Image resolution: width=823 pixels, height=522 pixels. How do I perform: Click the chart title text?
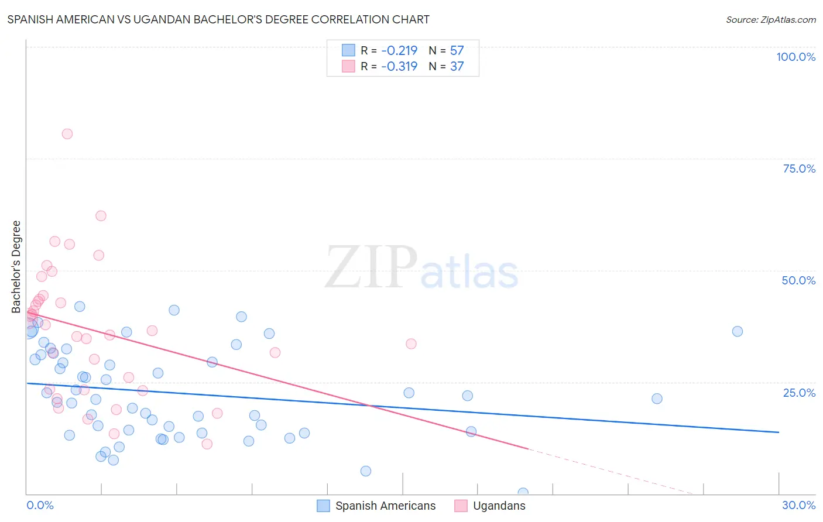pyautogui.click(x=218, y=19)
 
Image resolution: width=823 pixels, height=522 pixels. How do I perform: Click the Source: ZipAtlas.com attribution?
pyautogui.click(x=770, y=19)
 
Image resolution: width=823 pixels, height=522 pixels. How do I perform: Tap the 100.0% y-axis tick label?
pyautogui.click(x=795, y=57)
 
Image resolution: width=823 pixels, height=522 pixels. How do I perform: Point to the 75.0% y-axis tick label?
pyautogui.click(x=799, y=169)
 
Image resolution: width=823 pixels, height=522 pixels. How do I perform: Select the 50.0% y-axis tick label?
pyautogui.click(x=798, y=280)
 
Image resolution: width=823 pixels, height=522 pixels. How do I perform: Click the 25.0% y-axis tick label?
pyautogui.click(x=799, y=393)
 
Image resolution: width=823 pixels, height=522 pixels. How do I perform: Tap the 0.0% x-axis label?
pyautogui.click(x=40, y=505)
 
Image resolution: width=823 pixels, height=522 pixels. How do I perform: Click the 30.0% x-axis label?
pyautogui.click(x=798, y=505)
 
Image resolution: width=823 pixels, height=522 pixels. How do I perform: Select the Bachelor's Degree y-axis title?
pyautogui.click(x=16, y=267)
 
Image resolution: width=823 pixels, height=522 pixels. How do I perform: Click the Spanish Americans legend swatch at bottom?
pyautogui.click(x=323, y=506)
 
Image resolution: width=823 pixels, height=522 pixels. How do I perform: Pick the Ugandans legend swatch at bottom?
pyautogui.click(x=461, y=506)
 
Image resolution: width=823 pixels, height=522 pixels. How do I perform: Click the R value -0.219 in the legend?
pyautogui.click(x=399, y=50)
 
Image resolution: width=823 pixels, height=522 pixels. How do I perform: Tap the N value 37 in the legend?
pyautogui.click(x=457, y=66)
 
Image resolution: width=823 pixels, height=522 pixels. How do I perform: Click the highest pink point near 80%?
pyautogui.click(x=67, y=134)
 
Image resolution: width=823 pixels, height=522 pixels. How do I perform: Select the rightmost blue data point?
pyautogui.click(x=738, y=331)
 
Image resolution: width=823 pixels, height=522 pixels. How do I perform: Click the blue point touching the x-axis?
pyautogui.click(x=523, y=493)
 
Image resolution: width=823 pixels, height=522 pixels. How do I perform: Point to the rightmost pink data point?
pyautogui.click(x=411, y=344)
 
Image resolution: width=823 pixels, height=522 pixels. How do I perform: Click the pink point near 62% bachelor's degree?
pyautogui.click(x=101, y=216)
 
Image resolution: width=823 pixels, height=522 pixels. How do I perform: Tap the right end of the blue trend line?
pyautogui.click(x=779, y=432)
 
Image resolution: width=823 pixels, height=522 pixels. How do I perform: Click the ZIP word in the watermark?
pyautogui.click(x=371, y=268)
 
